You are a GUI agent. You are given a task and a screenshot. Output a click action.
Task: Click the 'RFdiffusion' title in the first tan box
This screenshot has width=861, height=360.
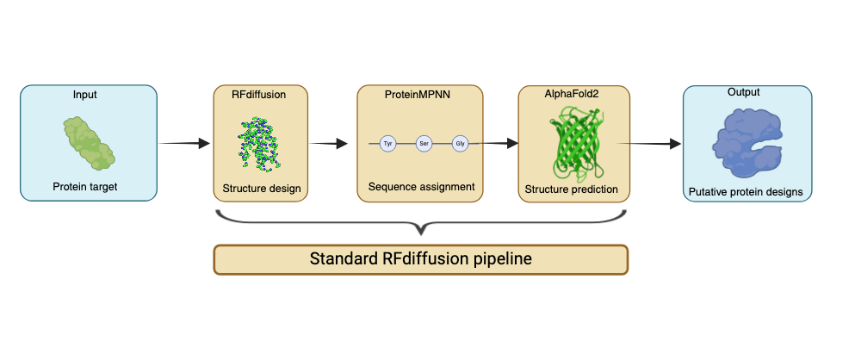coord(258,94)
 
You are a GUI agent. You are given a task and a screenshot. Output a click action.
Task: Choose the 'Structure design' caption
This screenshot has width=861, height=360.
coord(259,189)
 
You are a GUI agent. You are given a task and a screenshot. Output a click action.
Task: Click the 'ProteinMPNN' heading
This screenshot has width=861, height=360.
coord(416,94)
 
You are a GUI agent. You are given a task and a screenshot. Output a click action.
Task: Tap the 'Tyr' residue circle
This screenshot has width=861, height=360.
coord(387,143)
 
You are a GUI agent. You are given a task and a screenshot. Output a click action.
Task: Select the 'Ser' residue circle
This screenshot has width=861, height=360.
coord(424,143)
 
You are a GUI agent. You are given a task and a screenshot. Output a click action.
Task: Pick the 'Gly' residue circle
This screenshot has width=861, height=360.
coord(461,143)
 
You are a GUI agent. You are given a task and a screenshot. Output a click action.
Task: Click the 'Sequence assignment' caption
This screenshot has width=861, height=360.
coord(421,186)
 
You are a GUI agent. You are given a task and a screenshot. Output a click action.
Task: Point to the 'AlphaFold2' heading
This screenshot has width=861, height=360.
coord(573,94)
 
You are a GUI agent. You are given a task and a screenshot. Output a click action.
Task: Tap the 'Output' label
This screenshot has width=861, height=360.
coord(744,92)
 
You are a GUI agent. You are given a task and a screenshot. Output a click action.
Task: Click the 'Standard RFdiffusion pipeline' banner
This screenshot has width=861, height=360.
coord(421,259)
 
